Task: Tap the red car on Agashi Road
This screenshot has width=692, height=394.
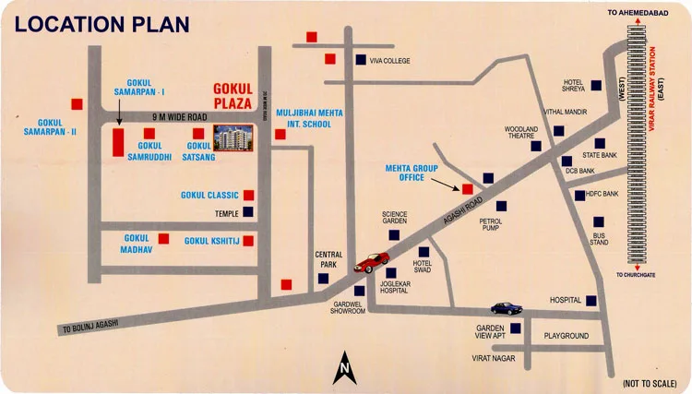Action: point(371,260)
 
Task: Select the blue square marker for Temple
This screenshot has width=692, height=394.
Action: point(248,212)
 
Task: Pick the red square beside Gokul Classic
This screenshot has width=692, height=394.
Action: point(248,195)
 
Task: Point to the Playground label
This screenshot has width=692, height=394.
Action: point(566,336)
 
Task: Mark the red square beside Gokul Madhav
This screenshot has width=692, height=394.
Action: point(163,239)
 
